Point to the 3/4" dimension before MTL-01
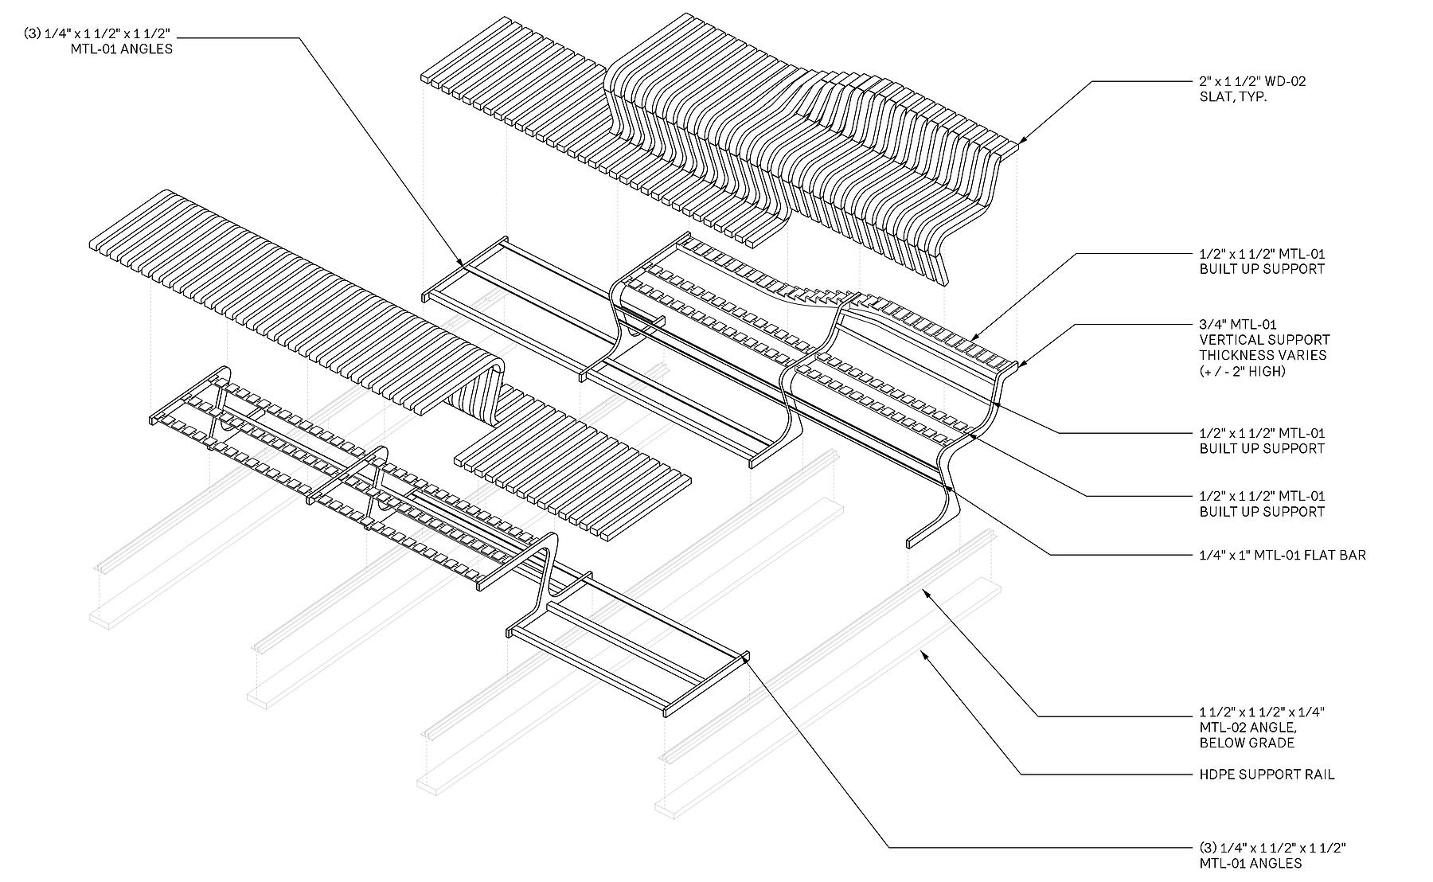coord(1212,325)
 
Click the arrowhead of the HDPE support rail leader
coord(923,653)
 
